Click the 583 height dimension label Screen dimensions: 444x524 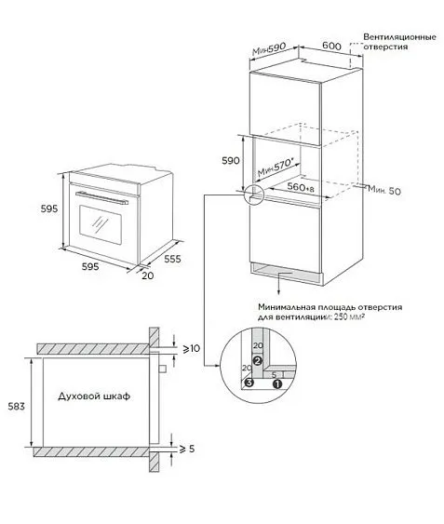(17, 407)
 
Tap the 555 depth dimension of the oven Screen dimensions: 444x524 (172, 259)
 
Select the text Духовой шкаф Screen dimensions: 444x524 (94, 396)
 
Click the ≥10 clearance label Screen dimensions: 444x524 (191, 348)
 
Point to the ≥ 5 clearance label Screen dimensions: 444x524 (187, 449)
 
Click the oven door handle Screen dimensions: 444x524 (102, 198)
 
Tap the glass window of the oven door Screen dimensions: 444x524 (101, 224)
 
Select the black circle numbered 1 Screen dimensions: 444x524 (277, 384)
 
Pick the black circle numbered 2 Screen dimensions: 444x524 (258, 360)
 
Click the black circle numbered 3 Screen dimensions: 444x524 (249, 383)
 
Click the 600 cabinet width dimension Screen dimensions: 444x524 (331, 47)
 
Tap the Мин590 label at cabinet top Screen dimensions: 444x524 (269, 48)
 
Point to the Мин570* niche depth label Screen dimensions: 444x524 (276, 168)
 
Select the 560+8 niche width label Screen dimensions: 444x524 (301, 187)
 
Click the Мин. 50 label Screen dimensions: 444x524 (384, 191)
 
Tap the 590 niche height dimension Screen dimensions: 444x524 (231, 161)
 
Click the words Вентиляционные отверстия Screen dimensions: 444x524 (400, 42)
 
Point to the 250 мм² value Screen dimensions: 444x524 (349, 316)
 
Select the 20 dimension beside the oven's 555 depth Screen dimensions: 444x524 (148, 275)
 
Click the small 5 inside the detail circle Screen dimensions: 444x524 (275, 375)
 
